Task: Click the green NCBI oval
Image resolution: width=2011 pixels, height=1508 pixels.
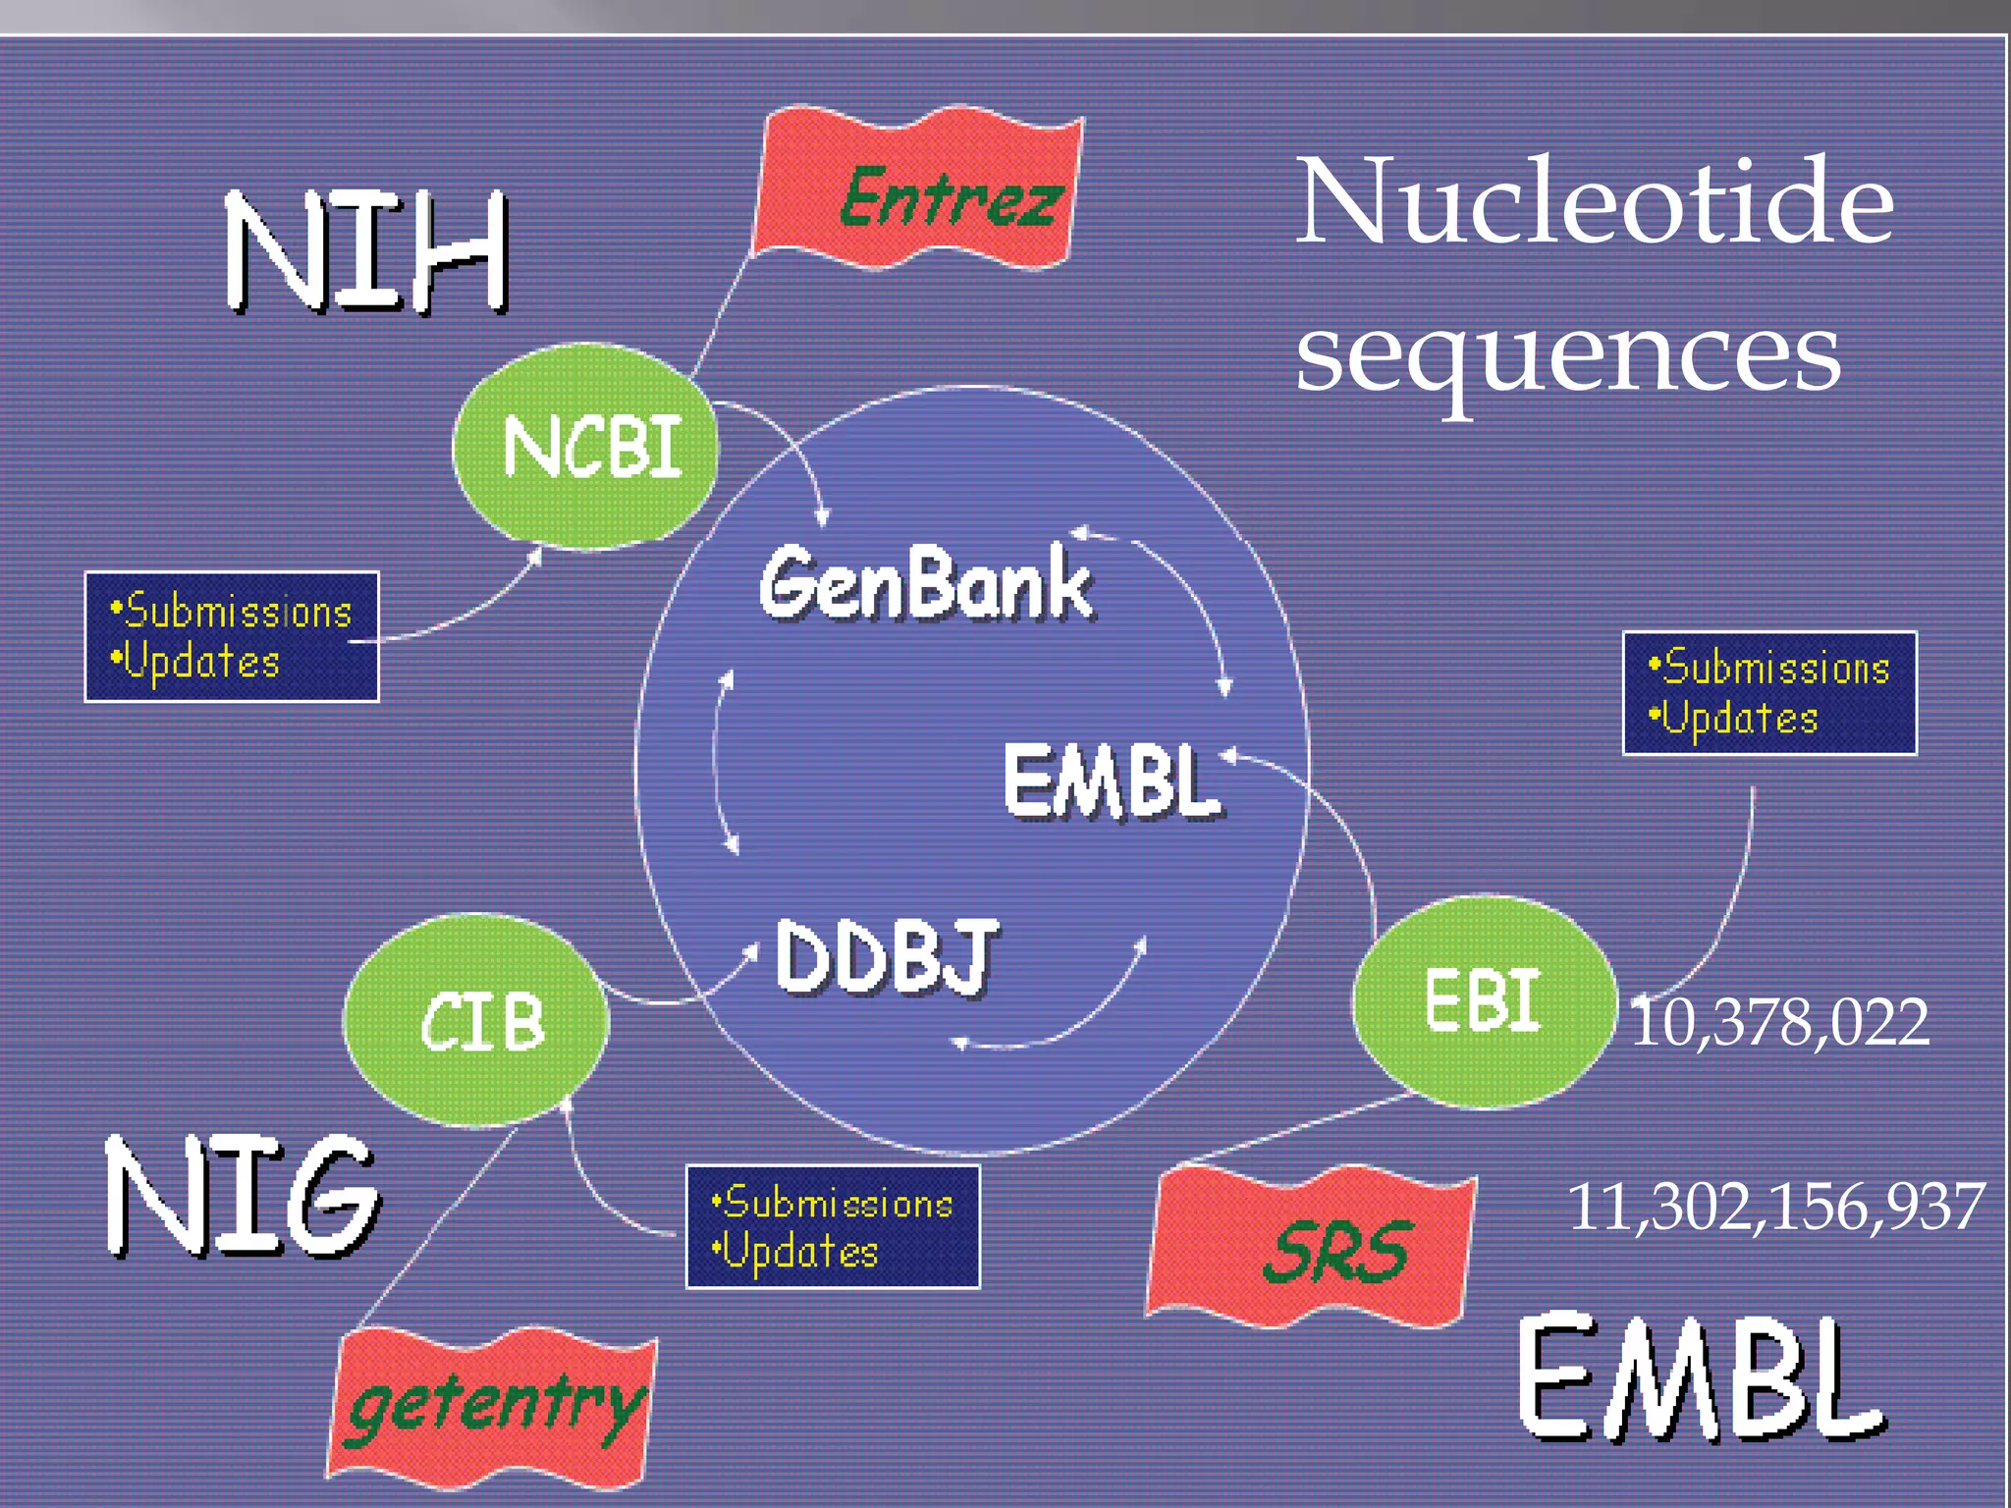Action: (x=586, y=447)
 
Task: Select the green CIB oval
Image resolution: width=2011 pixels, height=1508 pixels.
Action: (x=476, y=1021)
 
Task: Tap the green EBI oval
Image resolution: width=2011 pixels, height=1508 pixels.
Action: (x=1483, y=1001)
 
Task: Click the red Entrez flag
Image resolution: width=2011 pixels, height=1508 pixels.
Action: (x=918, y=191)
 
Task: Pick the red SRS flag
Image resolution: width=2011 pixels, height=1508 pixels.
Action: (x=1311, y=1247)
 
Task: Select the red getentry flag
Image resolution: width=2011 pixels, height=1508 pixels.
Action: (x=491, y=1404)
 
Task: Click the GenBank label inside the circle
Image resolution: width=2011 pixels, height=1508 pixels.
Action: (x=925, y=584)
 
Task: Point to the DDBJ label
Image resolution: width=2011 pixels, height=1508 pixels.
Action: (x=886, y=957)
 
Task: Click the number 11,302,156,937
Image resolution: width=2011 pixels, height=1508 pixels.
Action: (x=1775, y=1207)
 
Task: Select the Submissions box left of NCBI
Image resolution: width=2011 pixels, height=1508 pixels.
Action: (x=232, y=636)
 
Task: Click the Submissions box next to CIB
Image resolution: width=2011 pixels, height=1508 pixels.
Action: (x=833, y=1227)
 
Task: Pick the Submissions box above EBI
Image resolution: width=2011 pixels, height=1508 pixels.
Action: (x=1769, y=693)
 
